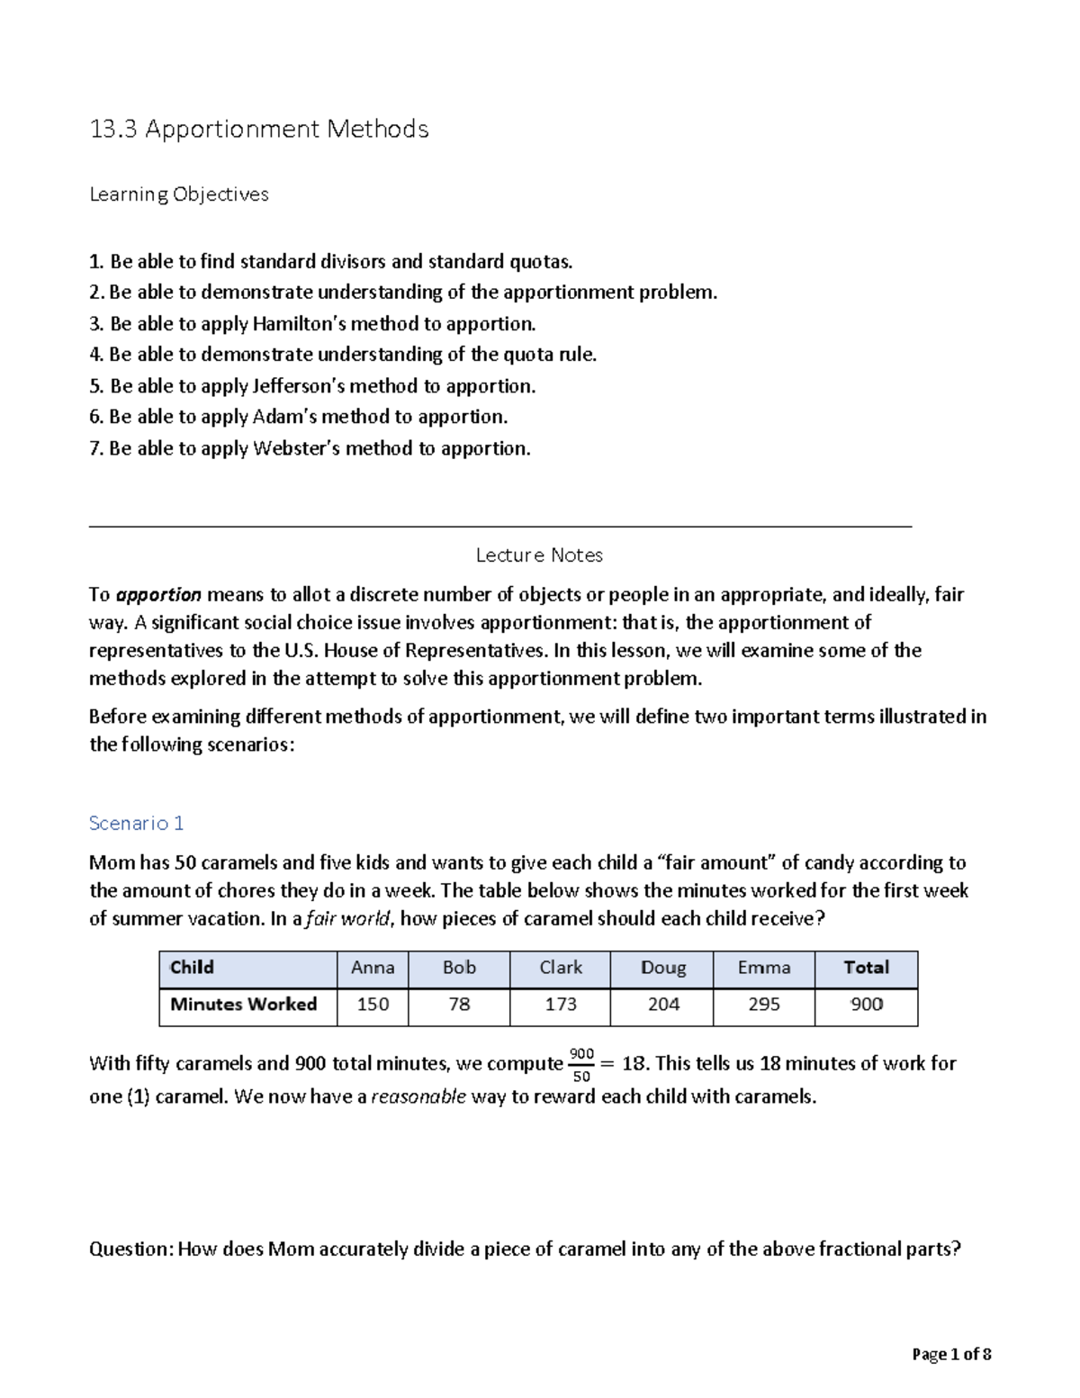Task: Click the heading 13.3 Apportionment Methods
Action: (x=259, y=130)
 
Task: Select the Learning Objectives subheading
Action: (x=179, y=194)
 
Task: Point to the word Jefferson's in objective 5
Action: (x=298, y=386)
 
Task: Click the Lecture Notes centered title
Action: (x=539, y=555)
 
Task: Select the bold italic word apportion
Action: (x=158, y=595)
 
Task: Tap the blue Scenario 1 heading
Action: (x=137, y=823)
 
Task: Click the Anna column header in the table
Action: (x=373, y=968)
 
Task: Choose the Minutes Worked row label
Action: (x=244, y=1005)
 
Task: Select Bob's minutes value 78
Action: (x=459, y=1005)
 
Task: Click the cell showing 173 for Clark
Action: (x=560, y=1005)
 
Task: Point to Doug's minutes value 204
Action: (x=663, y=1005)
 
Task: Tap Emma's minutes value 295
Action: (x=764, y=1005)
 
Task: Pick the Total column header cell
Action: (x=866, y=968)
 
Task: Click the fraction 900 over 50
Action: (x=581, y=1065)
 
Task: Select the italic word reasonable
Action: (x=418, y=1096)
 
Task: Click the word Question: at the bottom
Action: (x=131, y=1249)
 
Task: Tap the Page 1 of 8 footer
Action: (x=951, y=1354)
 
